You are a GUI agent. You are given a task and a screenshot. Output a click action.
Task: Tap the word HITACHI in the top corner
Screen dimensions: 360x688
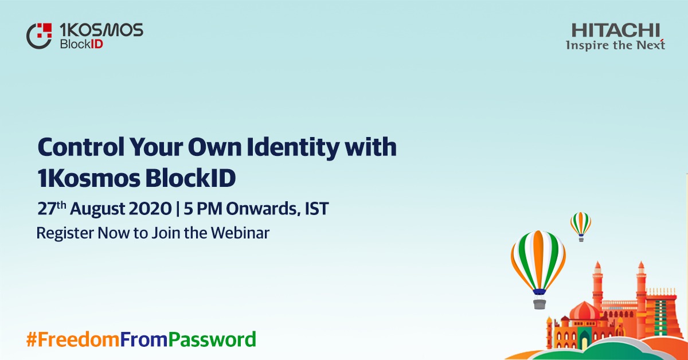[616, 30]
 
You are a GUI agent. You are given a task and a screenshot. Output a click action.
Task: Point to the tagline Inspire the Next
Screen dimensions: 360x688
[615, 45]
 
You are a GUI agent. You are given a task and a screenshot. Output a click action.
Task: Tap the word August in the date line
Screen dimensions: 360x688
[99, 209]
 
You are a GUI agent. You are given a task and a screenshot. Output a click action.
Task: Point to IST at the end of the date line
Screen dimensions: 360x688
[316, 209]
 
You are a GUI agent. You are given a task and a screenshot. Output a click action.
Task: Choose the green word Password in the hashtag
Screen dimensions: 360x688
[212, 339]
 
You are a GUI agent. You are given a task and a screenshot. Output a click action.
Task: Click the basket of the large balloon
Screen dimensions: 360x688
[539, 303]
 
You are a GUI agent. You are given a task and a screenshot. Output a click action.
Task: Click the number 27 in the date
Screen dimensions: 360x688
[45, 209]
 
